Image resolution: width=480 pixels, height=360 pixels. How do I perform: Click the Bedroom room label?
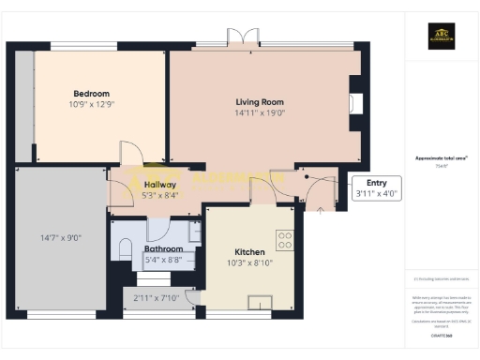click(92, 94)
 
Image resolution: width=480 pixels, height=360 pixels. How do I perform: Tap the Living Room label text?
click(261, 101)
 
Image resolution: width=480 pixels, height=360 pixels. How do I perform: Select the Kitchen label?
click(250, 252)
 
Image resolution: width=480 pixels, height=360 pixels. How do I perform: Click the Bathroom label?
click(161, 248)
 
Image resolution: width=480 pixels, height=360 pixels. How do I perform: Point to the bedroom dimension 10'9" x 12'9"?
click(92, 105)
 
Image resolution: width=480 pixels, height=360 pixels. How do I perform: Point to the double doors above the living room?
click(243, 37)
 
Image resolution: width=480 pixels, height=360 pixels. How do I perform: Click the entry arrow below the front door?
click(322, 211)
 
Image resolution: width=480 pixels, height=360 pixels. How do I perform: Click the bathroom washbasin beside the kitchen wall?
click(194, 231)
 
